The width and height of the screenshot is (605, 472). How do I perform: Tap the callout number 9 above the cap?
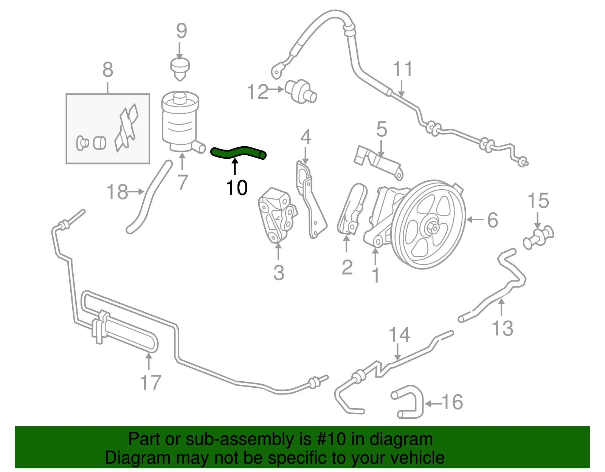tap(181, 31)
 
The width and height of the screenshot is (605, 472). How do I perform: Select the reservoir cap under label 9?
tap(180, 68)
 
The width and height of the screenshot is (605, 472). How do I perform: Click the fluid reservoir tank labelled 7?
tap(180, 121)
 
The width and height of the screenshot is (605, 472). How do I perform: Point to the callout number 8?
tap(108, 70)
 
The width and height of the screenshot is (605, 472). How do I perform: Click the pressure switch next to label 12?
tap(301, 91)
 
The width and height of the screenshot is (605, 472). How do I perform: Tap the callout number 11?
tap(402, 70)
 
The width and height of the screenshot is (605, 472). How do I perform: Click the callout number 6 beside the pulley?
tap(492, 220)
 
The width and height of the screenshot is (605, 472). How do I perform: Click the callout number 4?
tap(306, 137)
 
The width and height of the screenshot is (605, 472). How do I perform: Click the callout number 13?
tap(503, 328)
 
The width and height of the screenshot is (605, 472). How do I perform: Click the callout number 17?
tap(150, 382)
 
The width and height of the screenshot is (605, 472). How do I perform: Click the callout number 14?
tap(399, 335)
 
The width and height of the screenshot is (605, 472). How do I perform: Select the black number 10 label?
tap(237, 187)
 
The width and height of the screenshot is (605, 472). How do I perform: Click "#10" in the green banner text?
tap(329, 439)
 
